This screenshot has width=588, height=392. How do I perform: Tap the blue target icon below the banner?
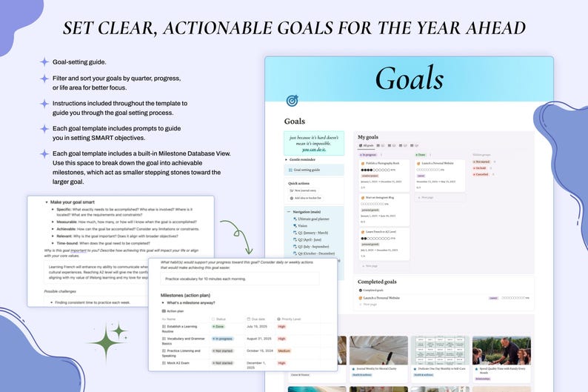(292, 100)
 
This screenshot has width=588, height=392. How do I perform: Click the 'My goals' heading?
(368, 137)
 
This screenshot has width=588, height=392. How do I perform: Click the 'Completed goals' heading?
(376, 282)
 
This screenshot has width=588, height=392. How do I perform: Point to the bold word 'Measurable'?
(72, 222)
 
